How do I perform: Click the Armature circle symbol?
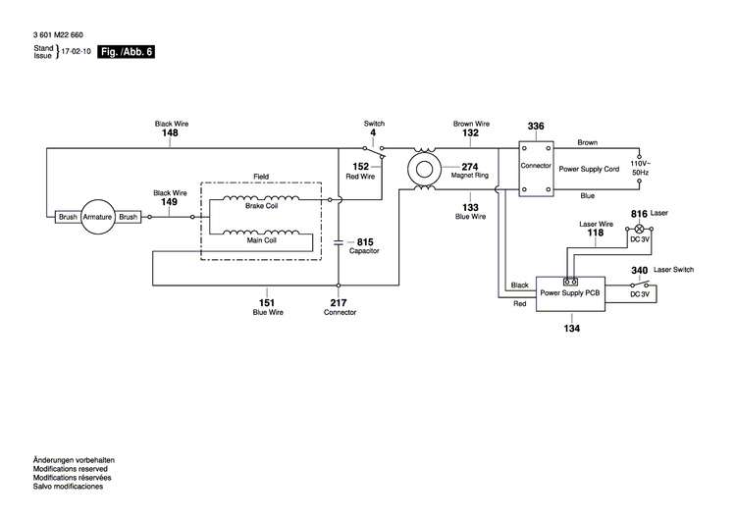click(x=97, y=217)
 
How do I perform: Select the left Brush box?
click(x=68, y=217)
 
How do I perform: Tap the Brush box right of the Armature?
click(x=128, y=217)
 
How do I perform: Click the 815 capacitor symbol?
click(x=339, y=239)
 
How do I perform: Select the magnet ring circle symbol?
click(x=425, y=168)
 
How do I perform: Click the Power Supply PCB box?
click(x=570, y=293)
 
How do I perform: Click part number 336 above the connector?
click(x=536, y=127)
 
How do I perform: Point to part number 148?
click(x=170, y=133)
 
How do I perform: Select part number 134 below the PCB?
click(x=571, y=328)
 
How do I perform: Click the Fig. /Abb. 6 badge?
click(x=128, y=53)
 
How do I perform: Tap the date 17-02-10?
click(x=78, y=53)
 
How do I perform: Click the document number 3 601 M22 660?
click(x=58, y=33)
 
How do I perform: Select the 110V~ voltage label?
click(x=639, y=163)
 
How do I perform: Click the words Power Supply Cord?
click(x=589, y=169)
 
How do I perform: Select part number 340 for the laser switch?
click(x=639, y=270)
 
